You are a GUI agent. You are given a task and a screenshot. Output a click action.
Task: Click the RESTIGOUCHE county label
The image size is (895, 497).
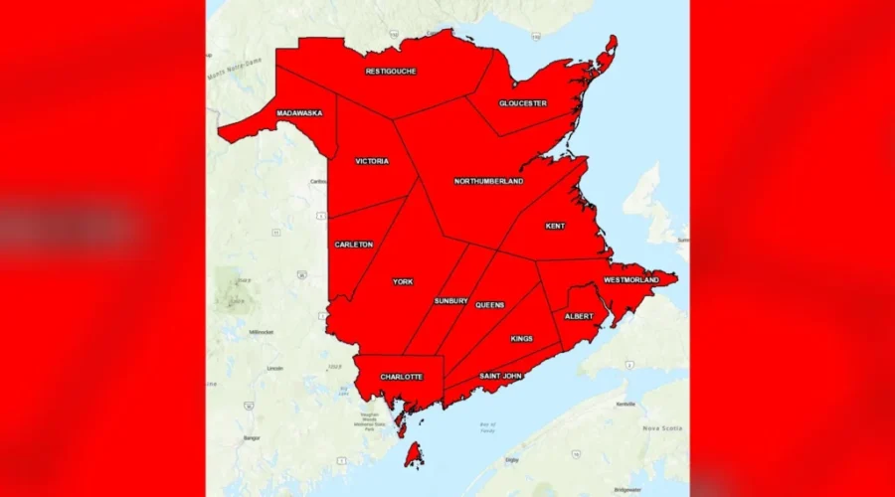(391, 72)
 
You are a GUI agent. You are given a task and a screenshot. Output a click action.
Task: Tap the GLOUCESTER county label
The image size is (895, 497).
(523, 103)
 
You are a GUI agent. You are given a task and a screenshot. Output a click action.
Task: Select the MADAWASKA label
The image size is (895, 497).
(299, 113)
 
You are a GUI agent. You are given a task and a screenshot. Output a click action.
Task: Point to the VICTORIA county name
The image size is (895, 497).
(372, 161)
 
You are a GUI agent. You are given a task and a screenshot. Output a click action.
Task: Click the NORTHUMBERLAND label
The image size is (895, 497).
(488, 181)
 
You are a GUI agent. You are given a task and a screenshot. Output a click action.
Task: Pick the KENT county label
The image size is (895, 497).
(555, 226)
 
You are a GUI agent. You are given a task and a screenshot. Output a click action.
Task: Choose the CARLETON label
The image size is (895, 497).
(354, 245)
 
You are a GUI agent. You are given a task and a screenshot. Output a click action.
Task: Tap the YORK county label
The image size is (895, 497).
(403, 282)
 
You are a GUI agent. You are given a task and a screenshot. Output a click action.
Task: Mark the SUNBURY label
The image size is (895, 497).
(450, 301)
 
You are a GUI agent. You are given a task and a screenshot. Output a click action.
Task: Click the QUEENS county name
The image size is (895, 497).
(489, 305)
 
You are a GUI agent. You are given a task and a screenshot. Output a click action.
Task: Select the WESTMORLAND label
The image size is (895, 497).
(630, 280)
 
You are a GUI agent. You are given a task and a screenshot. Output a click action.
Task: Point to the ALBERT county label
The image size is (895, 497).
(579, 316)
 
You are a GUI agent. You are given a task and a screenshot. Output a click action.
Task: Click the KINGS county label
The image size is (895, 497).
(522, 339)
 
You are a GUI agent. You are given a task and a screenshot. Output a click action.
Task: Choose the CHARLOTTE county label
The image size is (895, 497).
(401, 377)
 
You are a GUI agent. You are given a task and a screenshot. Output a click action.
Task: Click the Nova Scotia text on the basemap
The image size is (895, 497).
(665, 427)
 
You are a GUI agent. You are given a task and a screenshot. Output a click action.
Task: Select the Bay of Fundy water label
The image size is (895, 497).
(486, 428)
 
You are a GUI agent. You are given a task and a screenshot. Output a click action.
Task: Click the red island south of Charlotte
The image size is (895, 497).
(413, 455)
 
